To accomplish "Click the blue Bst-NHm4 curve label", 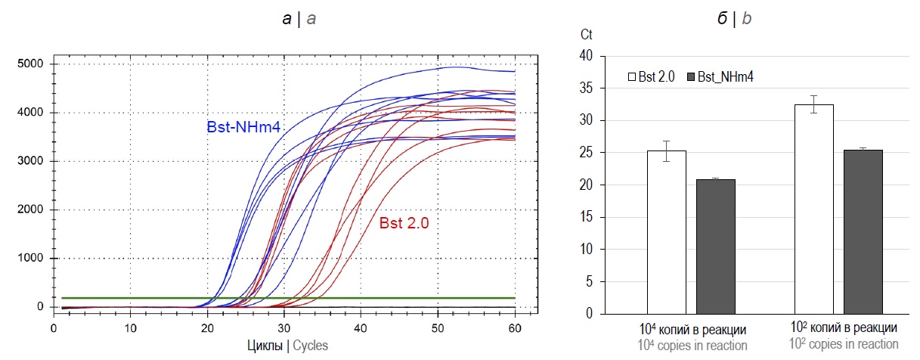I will (244, 127).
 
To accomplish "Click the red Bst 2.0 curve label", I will (404, 223).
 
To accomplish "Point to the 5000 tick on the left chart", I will (31, 64).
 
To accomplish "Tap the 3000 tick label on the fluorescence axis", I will (31, 161).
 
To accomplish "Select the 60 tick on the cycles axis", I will (514, 329).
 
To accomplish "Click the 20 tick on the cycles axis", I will (207, 329).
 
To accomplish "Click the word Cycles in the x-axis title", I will (310, 345).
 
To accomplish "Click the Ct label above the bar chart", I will (587, 35).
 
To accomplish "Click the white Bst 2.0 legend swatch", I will (632, 76).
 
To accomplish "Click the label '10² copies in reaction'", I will (844, 343).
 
